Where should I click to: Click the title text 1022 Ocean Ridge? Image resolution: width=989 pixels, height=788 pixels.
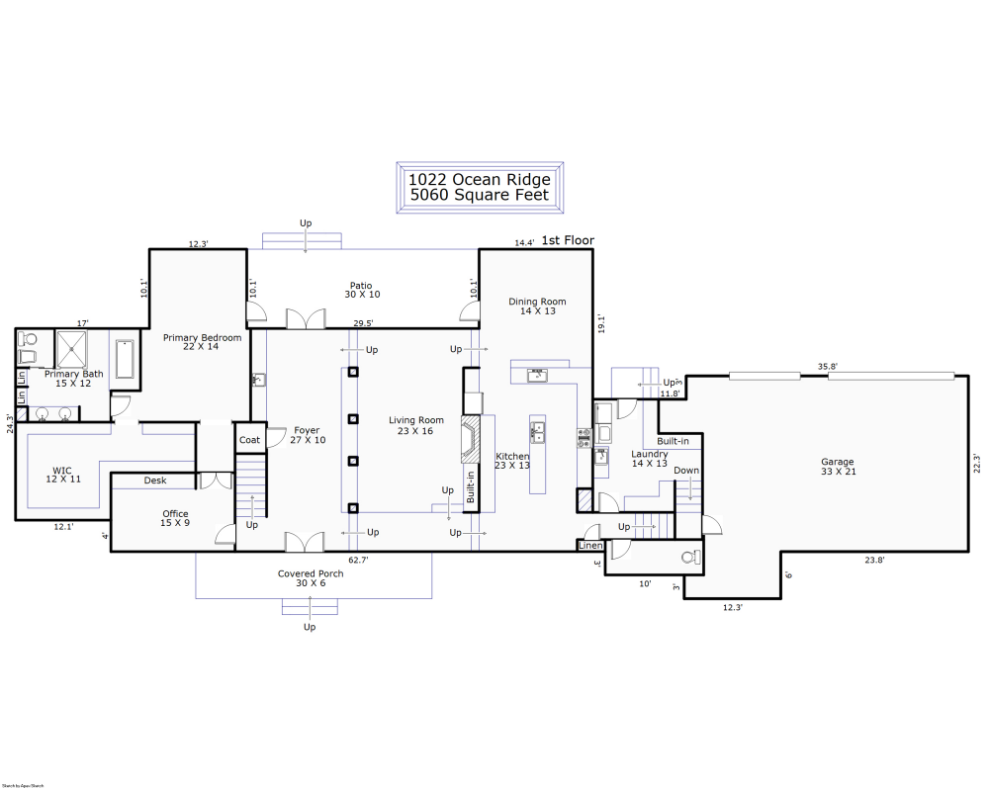(x=480, y=179)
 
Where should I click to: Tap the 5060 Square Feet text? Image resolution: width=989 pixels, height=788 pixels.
(x=480, y=195)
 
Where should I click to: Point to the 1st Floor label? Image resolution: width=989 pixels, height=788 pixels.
(x=568, y=240)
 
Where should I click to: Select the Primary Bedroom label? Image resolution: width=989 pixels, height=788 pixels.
(x=202, y=338)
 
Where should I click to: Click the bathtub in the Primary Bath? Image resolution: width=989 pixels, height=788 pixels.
(x=126, y=359)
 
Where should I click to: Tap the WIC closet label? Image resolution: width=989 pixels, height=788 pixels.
(x=60, y=472)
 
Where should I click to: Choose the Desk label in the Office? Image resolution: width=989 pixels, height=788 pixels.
(x=155, y=481)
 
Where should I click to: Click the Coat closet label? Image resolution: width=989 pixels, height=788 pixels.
(x=249, y=440)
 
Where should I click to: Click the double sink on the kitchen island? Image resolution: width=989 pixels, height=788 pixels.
(x=538, y=432)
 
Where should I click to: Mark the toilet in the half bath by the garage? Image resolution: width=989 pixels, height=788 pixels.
(x=689, y=557)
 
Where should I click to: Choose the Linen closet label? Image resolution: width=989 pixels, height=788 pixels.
(x=590, y=546)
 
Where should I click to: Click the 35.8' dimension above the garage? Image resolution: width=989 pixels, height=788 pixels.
(x=827, y=367)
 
